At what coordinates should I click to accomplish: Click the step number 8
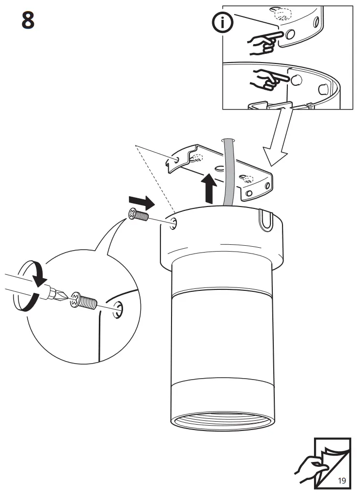point(28,20)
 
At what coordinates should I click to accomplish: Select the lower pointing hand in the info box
point(268,79)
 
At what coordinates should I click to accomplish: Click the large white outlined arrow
point(277,139)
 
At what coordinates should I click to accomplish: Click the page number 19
point(342,481)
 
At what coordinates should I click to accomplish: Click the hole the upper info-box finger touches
point(290,35)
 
